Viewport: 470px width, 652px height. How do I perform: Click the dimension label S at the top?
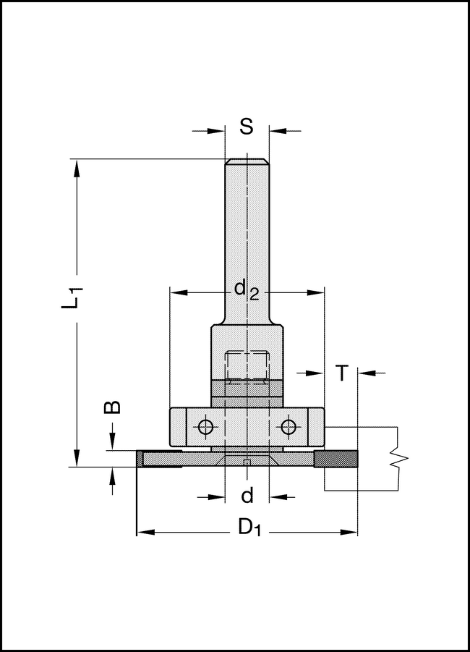[247, 127]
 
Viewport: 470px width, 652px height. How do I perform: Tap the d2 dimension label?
[246, 290]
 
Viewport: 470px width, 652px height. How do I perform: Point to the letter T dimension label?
[342, 373]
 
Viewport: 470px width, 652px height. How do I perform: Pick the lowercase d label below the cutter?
[247, 496]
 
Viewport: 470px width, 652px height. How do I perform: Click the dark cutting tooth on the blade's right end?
[336, 459]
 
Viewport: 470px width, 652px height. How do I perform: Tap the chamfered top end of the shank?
[247, 162]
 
